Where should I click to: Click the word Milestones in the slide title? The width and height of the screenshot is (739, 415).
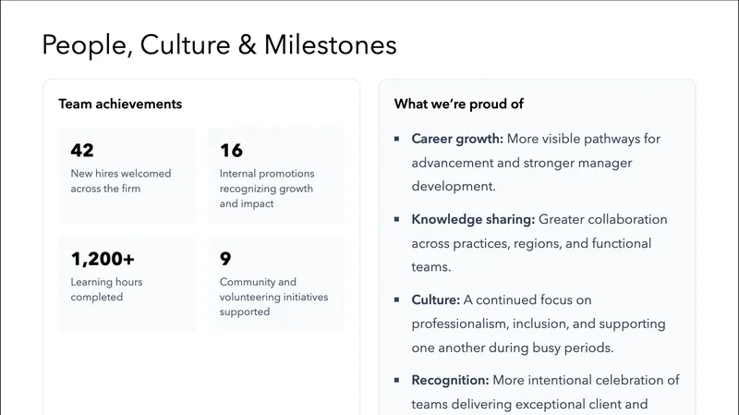click(330, 44)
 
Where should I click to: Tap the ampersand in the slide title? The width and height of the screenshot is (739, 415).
click(247, 44)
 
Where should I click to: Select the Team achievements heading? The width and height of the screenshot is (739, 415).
click(120, 104)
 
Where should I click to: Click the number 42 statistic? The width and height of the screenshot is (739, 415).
click(82, 150)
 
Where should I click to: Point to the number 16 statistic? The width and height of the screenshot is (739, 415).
click(231, 150)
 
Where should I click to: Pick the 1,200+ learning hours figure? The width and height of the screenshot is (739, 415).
click(103, 259)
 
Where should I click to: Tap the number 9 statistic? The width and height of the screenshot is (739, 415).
click(225, 259)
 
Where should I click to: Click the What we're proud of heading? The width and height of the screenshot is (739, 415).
click(458, 104)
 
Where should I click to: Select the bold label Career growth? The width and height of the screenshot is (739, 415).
click(457, 140)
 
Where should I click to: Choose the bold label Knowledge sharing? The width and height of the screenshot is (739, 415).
click(473, 220)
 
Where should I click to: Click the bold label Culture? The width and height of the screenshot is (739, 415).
click(435, 300)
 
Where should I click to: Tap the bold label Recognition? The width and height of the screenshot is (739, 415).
click(450, 380)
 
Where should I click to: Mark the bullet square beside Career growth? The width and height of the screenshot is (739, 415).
click(397, 139)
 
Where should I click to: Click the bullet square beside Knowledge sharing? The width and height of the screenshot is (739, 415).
click(397, 219)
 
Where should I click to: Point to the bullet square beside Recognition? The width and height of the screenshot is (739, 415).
click(397, 380)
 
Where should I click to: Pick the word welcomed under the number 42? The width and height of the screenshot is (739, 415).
click(144, 174)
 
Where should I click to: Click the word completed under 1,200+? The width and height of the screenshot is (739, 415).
click(97, 297)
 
